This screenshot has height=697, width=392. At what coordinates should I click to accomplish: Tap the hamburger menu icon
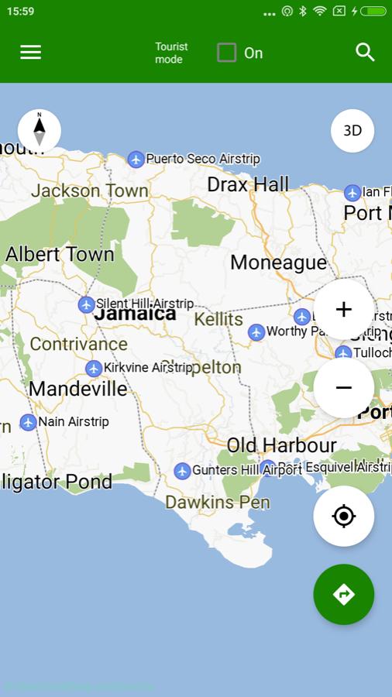pyautogui.click(x=31, y=52)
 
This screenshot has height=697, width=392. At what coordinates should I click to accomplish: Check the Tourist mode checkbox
pyautogui.click(x=226, y=53)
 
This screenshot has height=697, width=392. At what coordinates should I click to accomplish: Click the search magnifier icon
pyautogui.click(x=365, y=52)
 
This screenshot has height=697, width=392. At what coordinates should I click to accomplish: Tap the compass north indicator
pyautogui.click(x=40, y=130)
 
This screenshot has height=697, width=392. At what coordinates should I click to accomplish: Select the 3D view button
pyautogui.click(x=352, y=131)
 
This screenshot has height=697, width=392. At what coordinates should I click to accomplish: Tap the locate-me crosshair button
pyautogui.click(x=343, y=517)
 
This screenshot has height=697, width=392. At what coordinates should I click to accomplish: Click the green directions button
pyautogui.click(x=343, y=594)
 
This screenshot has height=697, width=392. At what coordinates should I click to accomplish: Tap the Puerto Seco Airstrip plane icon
pyautogui.click(x=136, y=160)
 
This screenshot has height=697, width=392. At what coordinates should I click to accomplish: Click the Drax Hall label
pyautogui.click(x=248, y=184)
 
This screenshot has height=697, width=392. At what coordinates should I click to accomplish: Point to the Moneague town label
pyautogui.click(x=278, y=263)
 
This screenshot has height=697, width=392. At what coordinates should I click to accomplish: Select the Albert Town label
pyautogui.click(x=60, y=254)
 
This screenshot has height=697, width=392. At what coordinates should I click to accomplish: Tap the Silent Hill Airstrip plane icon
pyautogui.click(x=87, y=304)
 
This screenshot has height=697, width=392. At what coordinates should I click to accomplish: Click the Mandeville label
pyautogui.click(x=77, y=389)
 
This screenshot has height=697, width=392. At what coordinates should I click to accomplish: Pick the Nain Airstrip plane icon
pyautogui.click(x=29, y=422)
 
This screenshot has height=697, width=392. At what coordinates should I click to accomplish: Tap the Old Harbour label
pyautogui.click(x=281, y=445)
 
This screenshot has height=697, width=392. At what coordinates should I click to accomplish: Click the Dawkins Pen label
pyautogui.click(x=218, y=503)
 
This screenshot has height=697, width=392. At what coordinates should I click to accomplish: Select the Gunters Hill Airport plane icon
pyautogui.click(x=183, y=471)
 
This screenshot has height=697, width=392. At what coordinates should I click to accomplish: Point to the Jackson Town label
pyautogui.click(x=89, y=191)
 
